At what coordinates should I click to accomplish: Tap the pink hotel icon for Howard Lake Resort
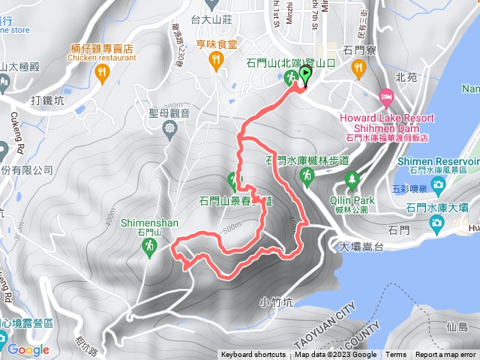click(387, 97)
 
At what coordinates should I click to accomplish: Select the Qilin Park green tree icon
click(352, 178)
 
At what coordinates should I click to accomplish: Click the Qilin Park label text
click(351, 200)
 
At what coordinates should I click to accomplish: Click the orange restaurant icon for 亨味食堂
click(216, 61)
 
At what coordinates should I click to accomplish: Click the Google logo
click(28, 349)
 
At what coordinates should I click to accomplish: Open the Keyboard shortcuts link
click(253, 355)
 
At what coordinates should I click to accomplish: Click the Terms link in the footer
click(396, 355)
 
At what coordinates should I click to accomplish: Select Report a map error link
click(446, 355)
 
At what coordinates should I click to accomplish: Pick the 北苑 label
click(405, 76)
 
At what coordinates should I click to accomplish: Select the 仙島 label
click(456, 328)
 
